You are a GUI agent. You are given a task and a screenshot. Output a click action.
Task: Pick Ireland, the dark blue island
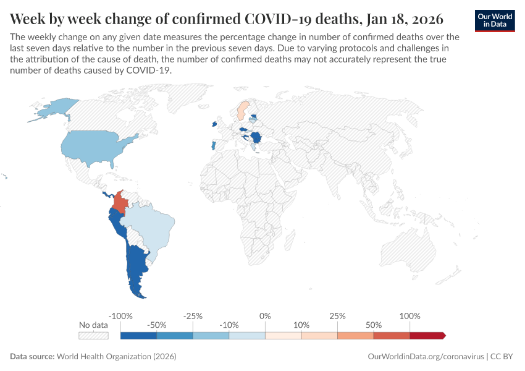point(214,124)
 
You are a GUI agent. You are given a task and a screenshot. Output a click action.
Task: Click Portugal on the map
point(213,146)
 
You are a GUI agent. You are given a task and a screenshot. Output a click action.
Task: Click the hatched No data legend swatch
point(93,336)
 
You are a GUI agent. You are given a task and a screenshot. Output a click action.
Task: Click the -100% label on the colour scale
point(120,316)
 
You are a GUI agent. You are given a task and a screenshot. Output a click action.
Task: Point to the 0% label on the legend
point(265,316)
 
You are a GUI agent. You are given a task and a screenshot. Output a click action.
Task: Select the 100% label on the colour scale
point(409,316)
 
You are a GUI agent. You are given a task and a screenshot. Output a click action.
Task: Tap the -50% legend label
point(157,325)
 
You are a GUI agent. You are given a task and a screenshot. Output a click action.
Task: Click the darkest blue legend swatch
point(138,336)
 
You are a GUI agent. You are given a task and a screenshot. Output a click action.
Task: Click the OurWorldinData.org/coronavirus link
point(426,357)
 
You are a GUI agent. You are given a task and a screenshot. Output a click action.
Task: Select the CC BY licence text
point(503,357)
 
